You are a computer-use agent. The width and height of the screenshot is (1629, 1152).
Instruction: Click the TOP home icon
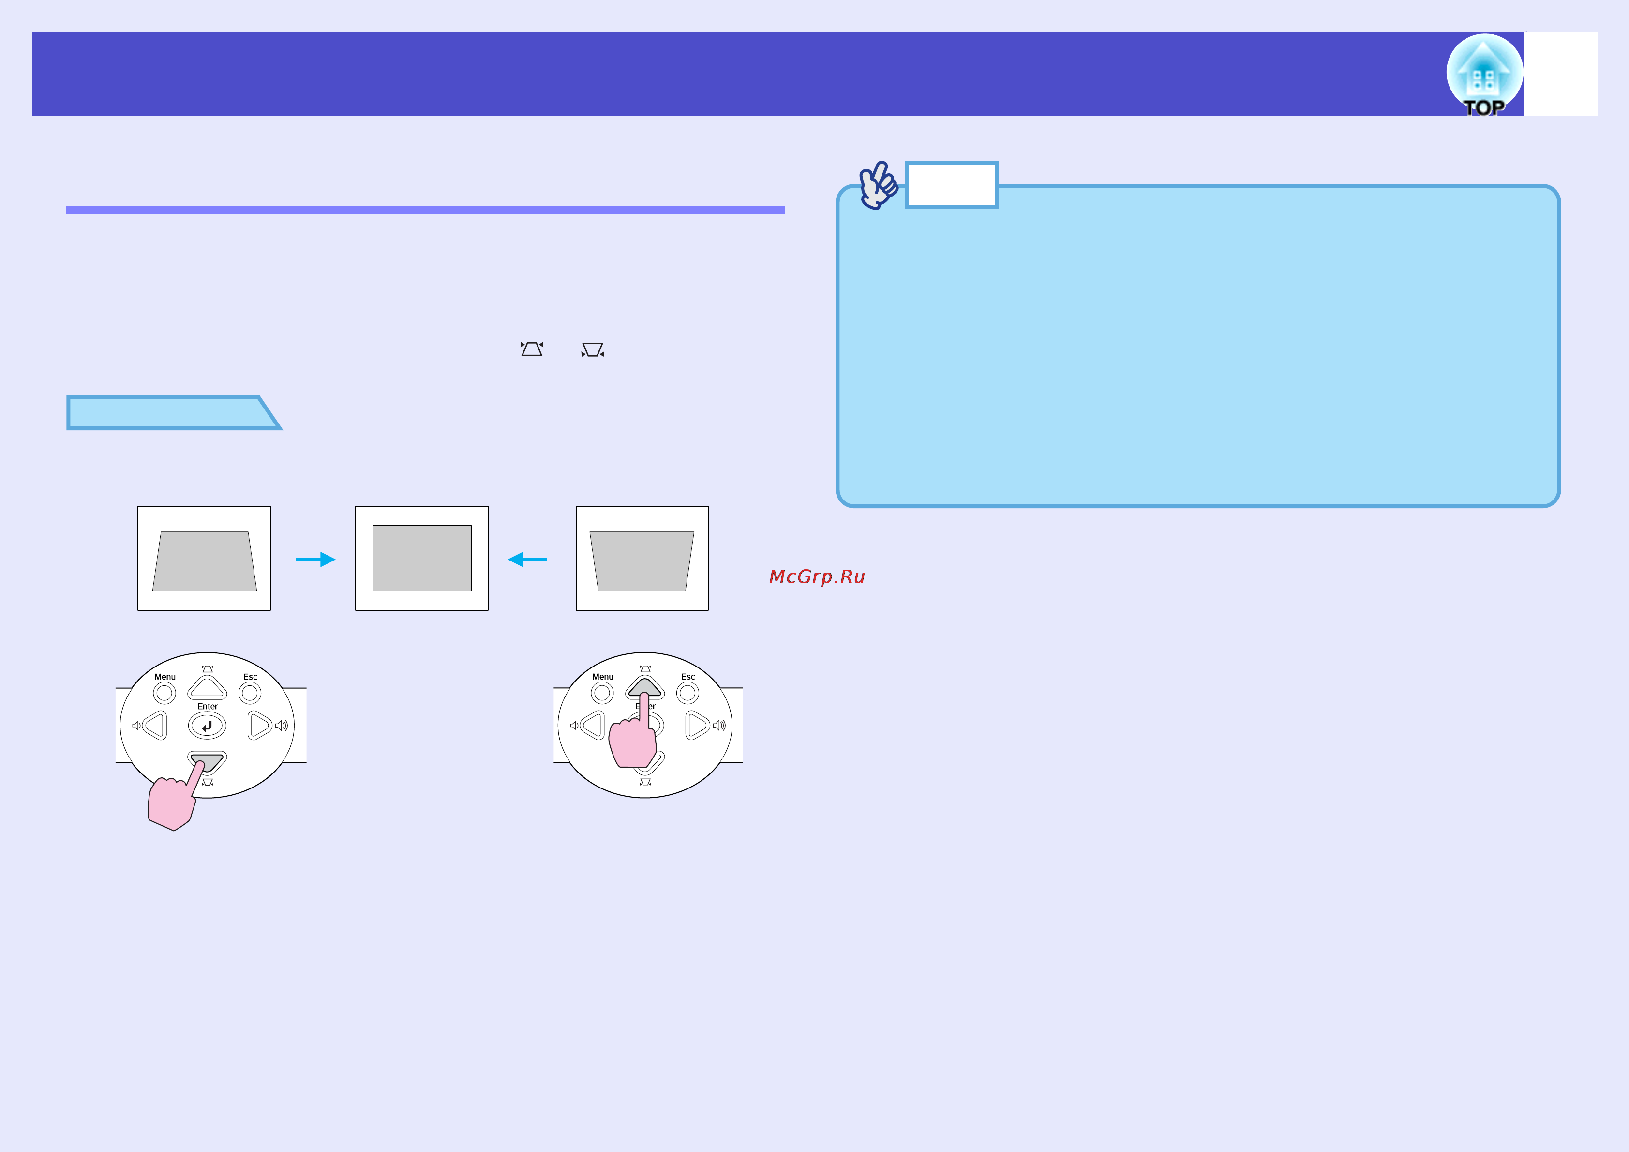1484,75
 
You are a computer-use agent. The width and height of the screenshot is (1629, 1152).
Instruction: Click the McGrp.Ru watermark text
817,576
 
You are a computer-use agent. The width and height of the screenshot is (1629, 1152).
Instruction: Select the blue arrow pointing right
316,560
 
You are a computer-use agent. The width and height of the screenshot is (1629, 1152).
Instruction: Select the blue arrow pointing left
527,560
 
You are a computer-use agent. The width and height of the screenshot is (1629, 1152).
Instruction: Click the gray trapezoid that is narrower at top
204,561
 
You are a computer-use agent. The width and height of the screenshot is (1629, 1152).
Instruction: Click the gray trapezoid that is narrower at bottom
642,561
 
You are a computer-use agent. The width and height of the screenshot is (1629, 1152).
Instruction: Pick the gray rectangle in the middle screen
422,558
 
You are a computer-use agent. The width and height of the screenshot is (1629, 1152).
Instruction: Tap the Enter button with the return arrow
207,726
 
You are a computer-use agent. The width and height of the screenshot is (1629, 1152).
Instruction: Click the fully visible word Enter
207,706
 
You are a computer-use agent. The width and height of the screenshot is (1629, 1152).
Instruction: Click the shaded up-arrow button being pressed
644,686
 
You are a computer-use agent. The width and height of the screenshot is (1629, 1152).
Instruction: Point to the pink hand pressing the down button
174,800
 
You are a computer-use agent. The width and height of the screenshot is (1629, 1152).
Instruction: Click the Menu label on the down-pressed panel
164,676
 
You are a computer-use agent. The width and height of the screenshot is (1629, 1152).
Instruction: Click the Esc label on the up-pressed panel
687,676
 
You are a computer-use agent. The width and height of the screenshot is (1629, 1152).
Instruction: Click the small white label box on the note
952,184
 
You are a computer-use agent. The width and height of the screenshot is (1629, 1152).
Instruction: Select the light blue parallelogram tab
174,412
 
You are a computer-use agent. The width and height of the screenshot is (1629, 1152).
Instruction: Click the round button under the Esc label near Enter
250,693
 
